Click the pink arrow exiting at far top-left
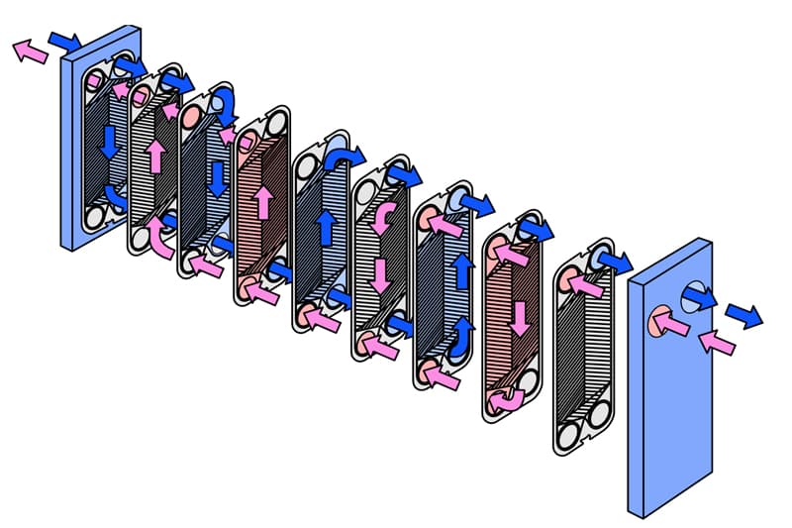[31, 51]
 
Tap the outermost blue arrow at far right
[744, 315]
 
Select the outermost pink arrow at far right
[717, 342]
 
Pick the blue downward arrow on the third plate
[217, 178]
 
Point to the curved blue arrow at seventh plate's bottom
[461, 341]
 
